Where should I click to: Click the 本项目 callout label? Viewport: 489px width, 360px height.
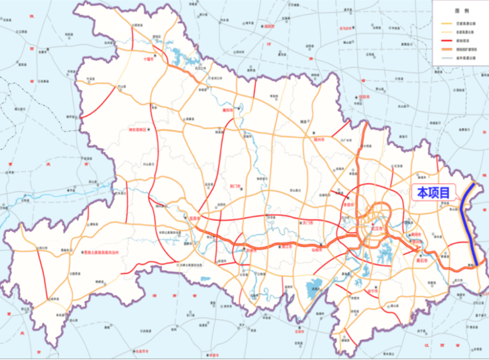(x=433, y=192)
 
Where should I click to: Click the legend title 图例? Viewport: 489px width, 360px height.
(x=461, y=10)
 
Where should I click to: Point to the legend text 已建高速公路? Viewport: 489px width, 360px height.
(x=466, y=24)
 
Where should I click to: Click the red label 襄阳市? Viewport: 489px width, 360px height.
(x=228, y=109)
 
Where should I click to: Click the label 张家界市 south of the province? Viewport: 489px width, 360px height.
(x=142, y=351)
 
